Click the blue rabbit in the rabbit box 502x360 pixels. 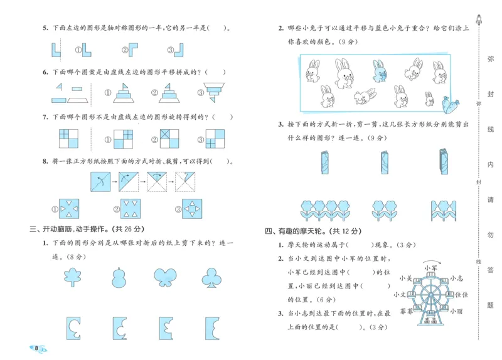[378, 71]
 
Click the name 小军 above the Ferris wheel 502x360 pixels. [430, 268]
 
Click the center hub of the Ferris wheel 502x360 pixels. [430, 294]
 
